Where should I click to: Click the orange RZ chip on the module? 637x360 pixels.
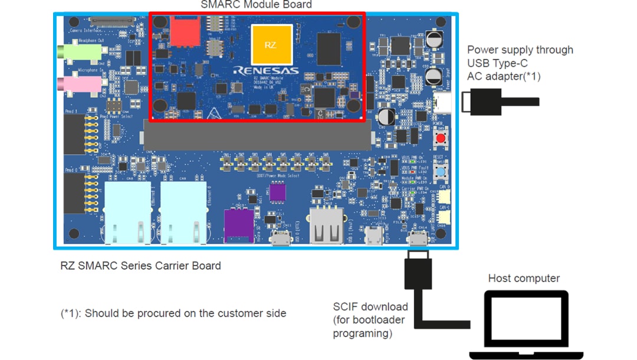point(271,45)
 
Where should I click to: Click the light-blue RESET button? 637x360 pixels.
point(440,172)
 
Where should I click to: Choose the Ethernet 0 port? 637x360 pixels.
point(183,212)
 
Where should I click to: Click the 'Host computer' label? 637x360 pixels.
point(524,278)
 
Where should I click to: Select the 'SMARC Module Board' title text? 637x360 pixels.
point(256,5)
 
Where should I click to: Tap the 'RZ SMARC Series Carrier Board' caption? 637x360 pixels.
point(140,266)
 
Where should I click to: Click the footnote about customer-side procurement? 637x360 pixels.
point(173,313)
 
